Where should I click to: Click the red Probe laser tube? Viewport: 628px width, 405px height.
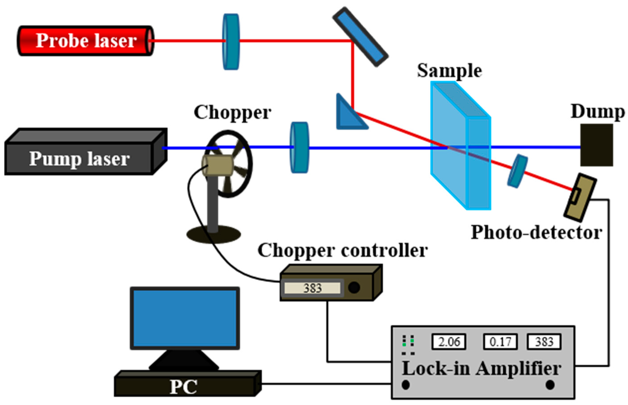pos(84,41)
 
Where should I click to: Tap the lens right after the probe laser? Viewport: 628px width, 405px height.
pos(231,41)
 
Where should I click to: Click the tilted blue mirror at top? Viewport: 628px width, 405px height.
pos(360,37)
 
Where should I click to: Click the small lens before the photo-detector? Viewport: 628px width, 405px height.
pos(517,171)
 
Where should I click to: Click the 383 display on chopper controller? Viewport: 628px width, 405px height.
pos(312,288)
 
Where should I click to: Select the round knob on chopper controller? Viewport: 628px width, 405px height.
pos(354,288)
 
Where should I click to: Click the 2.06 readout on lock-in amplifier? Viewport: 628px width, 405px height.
pos(449,342)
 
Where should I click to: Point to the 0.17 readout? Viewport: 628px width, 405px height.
pos(500,342)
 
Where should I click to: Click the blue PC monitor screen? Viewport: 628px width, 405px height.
pos(184,318)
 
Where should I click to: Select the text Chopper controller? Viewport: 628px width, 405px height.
pos(342,250)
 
